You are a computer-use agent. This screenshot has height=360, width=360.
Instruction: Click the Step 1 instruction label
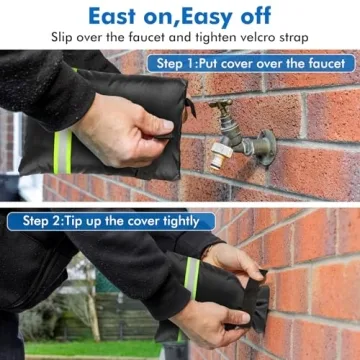click(x=251, y=63)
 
